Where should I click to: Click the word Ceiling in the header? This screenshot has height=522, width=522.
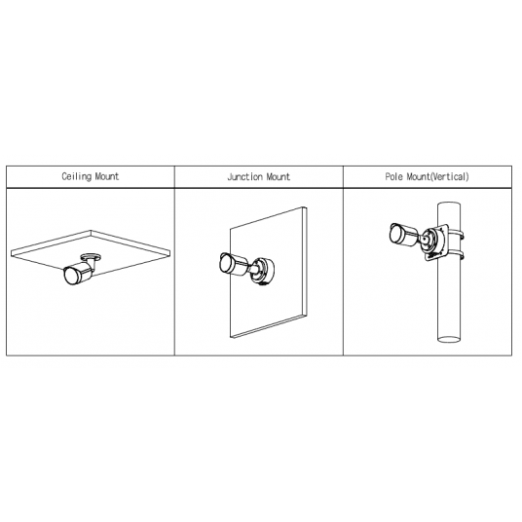[76, 176]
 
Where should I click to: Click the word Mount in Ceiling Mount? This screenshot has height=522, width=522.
[107, 176]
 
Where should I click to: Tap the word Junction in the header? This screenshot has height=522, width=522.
[244, 177]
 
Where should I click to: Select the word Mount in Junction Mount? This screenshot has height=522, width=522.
[279, 177]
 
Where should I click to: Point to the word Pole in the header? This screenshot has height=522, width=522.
[394, 176]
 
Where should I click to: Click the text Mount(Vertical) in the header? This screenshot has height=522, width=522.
[438, 176]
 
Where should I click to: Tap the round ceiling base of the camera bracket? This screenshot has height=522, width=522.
[91, 257]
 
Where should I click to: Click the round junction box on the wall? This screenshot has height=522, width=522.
[265, 272]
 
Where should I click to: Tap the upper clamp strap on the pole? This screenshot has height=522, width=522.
[457, 235]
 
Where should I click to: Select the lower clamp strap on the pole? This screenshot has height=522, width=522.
[457, 255]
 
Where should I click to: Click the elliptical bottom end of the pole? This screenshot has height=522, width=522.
[449, 339]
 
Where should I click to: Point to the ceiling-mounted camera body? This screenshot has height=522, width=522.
[79, 273]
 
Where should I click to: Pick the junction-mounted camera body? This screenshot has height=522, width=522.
[234, 265]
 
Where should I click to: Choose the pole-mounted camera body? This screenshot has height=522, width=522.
[403, 235]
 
